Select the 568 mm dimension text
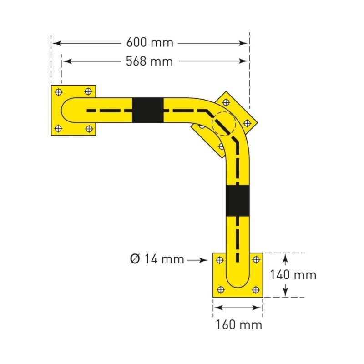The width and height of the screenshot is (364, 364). (150, 61)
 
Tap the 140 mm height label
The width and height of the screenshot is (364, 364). (293, 275)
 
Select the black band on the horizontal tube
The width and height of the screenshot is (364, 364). (148, 110)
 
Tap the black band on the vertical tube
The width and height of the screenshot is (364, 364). (238, 201)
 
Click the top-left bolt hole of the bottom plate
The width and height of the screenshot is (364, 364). (220, 260)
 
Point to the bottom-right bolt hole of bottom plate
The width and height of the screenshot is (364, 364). (255, 289)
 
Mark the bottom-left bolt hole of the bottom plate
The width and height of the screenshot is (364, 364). (220, 289)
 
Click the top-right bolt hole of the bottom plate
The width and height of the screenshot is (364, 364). (255, 260)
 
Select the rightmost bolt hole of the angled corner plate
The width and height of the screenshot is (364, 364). (247, 123)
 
